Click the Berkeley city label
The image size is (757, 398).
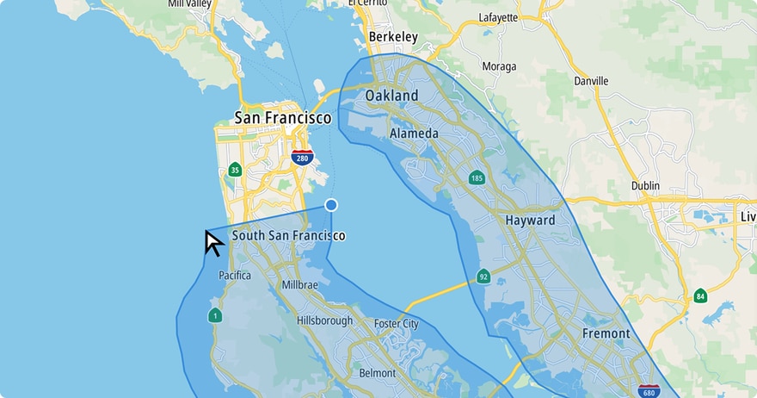point(392,37)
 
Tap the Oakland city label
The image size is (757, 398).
point(391,95)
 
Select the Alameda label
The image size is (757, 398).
point(414,134)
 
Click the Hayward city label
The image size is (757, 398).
point(530,220)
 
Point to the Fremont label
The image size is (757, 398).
point(606,333)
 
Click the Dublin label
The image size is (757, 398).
point(644,185)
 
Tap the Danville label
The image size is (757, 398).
point(591,81)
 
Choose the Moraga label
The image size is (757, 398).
point(499,66)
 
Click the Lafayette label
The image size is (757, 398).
point(498,17)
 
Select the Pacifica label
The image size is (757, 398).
point(234,276)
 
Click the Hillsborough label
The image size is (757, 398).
point(324,320)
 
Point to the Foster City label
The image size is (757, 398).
point(396,324)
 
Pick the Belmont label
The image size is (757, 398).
point(377,373)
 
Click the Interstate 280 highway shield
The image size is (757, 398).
point(301,157)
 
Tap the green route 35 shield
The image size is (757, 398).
point(235,170)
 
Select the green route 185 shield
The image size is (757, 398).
point(477,178)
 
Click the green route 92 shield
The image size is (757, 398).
point(483,277)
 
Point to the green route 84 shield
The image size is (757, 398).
point(700,296)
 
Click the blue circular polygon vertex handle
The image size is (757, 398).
point(330,205)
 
